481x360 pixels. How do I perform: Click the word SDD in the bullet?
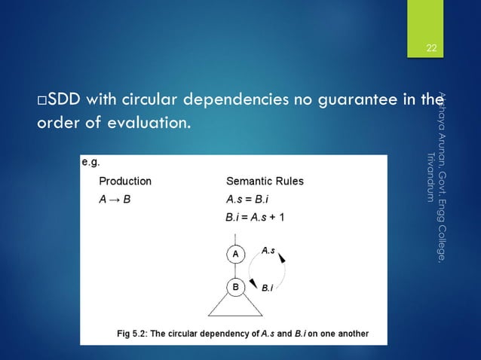(x=65, y=99)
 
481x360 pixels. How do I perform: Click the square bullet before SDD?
(x=42, y=100)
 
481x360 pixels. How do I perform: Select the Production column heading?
(x=125, y=182)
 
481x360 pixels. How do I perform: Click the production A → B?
(x=115, y=200)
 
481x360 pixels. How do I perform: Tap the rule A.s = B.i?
(x=250, y=200)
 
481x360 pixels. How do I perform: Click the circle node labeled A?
(x=235, y=255)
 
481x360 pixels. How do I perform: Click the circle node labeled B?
(x=235, y=287)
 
